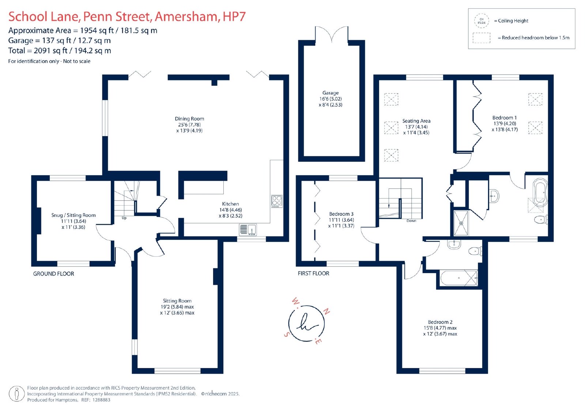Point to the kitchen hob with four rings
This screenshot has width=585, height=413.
(x=277, y=202)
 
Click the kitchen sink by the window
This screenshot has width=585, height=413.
(x=248, y=230)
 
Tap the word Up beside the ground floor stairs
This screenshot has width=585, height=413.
(x=124, y=218)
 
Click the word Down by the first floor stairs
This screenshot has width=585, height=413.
(x=411, y=221)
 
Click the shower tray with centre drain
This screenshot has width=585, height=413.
(x=461, y=223)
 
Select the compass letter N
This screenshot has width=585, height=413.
(x=327, y=311)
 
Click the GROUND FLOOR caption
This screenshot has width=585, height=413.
(x=53, y=274)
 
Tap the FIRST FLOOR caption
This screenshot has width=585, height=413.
(x=313, y=274)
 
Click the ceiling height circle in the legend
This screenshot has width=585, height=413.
(x=482, y=21)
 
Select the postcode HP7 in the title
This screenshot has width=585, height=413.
(x=234, y=16)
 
